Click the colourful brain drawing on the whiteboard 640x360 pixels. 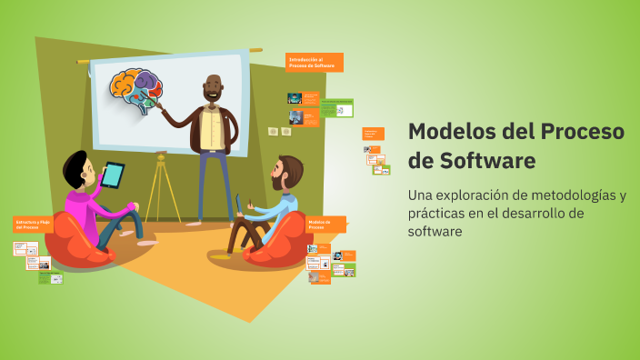(x=135, y=89)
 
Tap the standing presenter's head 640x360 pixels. (x=214, y=88)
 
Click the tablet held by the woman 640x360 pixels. (x=114, y=174)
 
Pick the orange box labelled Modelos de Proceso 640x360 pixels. (x=325, y=224)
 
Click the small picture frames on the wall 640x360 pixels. (x=279, y=132)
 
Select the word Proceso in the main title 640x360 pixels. (x=580, y=131)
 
